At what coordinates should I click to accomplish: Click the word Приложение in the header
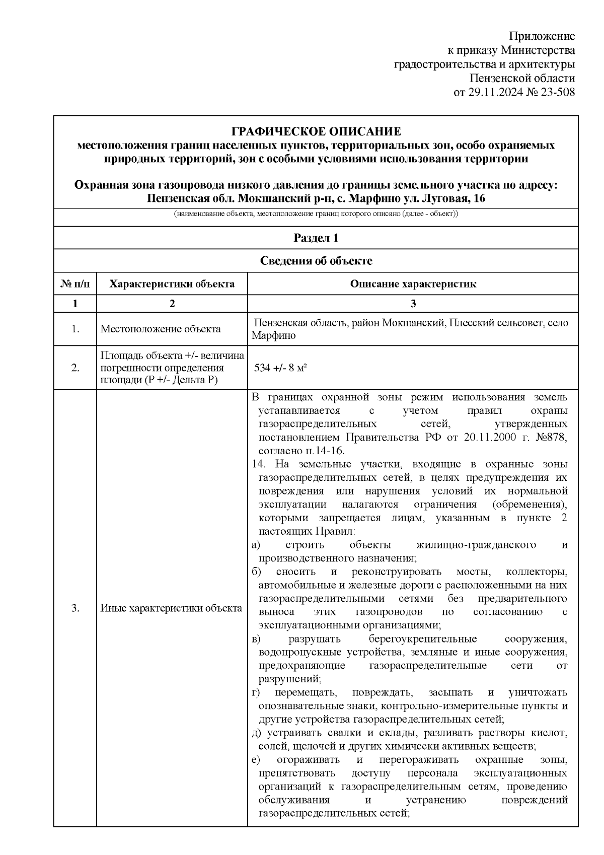[x=542, y=36]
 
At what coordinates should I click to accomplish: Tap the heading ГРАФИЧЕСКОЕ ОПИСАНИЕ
[x=316, y=132]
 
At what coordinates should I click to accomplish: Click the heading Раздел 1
[x=316, y=238]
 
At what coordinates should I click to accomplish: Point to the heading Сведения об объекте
[x=316, y=261]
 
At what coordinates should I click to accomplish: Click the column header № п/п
[x=75, y=284]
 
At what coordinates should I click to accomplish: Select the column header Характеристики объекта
[x=172, y=284]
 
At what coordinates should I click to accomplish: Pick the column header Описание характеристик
[x=413, y=284]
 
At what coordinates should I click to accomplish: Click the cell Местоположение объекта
[x=161, y=329]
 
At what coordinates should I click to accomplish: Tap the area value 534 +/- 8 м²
[x=281, y=368]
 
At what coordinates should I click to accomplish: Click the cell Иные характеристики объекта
[x=171, y=608]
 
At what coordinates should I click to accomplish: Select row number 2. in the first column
[x=75, y=368]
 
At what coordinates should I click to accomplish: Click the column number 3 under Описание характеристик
[x=413, y=304]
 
